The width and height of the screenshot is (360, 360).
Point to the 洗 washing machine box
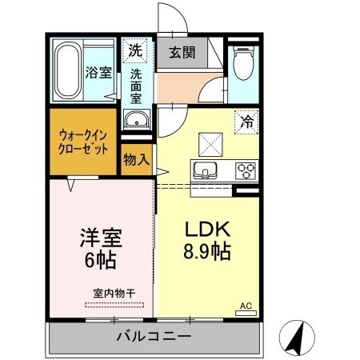click(135, 50)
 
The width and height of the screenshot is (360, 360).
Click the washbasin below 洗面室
click(137, 122)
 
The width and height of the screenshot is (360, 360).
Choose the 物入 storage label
click(136, 158)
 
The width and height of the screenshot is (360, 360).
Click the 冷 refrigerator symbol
click(246, 122)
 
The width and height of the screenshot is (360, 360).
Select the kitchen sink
click(203, 170)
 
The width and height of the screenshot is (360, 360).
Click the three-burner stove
click(245, 170)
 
